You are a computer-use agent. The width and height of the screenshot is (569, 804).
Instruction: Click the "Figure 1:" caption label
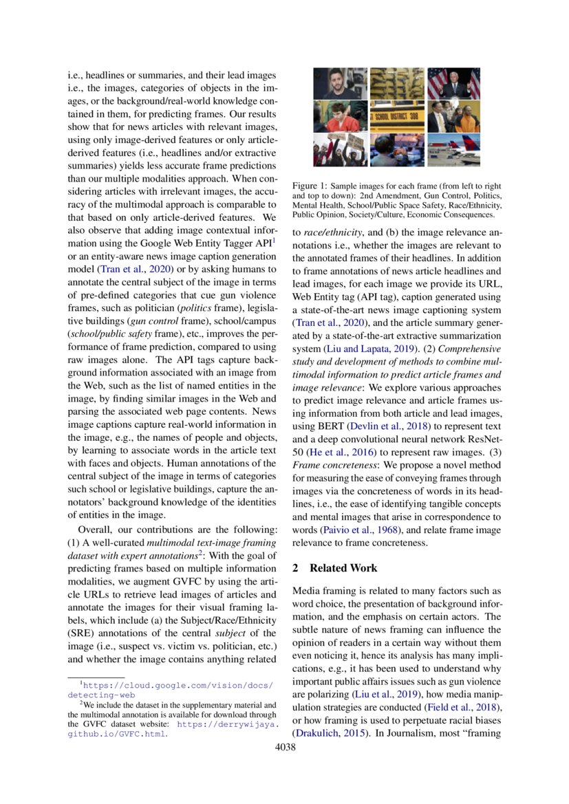(x=309, y=186)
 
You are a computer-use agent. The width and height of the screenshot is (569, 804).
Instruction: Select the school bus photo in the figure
(x=397, y=116)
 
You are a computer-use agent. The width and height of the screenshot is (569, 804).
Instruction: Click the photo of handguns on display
(x=397, y=83)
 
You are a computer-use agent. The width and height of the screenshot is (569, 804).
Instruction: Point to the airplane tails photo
(x=453, y=150)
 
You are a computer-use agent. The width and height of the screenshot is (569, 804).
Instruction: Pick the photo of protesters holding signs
(x=340, y=150)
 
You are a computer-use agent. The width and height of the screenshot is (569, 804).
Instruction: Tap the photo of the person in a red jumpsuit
(x=340, y=116)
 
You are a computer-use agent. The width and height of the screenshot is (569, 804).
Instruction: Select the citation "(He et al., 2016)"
(x=335, y=453)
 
